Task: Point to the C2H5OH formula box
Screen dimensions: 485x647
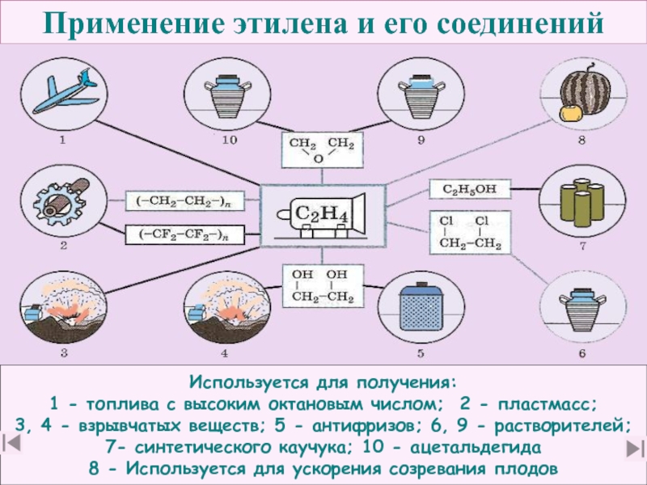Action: click(470, 191)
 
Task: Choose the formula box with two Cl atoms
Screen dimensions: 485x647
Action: click(470, 234)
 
